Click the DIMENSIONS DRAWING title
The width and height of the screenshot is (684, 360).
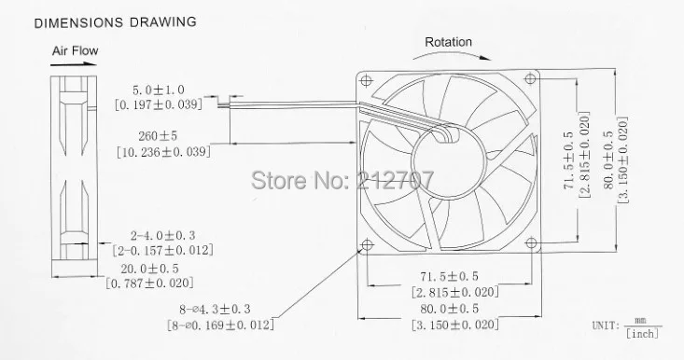pyautogui.click(x=115, y=22)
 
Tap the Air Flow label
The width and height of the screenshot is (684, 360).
pyautogui.click(x=75, y=50)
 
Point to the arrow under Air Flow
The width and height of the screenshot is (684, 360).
pyautogui.click(x=74, y=64)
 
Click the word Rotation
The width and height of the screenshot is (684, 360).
pyautogui.click(x=449, y=42)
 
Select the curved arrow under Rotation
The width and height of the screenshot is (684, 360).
pyautogui.click(x=452, y=54)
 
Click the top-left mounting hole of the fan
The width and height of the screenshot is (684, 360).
pyautogui.click(x=366, y=80)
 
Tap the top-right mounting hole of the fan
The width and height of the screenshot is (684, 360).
pyautogui.click(x=530, y=79)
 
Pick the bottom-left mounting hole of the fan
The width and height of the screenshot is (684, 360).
pyautogui.click(x=368, y=244)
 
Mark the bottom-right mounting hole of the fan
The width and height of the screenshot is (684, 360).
pyautogui.click(x=531, y=242)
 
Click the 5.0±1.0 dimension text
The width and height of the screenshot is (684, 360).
pyautogui.click(x=159, y=90)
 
